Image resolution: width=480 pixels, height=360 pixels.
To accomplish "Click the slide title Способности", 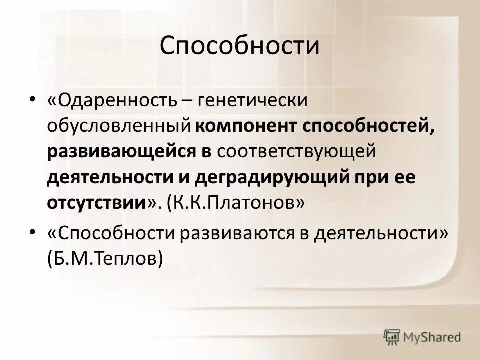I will tap(239, 46).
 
